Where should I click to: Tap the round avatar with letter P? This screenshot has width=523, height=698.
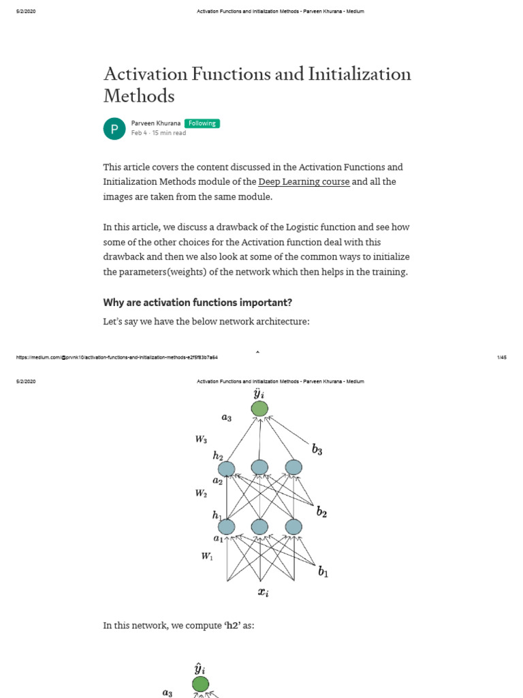coord(114,128)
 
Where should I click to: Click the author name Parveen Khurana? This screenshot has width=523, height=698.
coord(155,123)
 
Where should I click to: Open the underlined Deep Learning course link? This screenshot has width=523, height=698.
coord(304,182)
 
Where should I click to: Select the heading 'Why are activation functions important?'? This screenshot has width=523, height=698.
coord(197,302)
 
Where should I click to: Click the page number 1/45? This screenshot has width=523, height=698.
coord(503,357)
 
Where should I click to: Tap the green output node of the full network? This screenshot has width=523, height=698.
coord(259,408)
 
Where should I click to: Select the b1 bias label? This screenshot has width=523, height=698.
coord(323,572)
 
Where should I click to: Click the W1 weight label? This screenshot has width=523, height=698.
coord(207,557)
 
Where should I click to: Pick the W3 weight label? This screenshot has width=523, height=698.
coord(202,440)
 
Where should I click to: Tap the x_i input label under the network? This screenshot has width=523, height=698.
coord(263,592)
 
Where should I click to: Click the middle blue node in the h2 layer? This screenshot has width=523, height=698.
coord(259,468)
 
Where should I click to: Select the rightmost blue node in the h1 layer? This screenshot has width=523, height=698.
coord(293,527)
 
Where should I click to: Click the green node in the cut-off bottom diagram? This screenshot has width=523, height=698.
coord(200,684)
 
